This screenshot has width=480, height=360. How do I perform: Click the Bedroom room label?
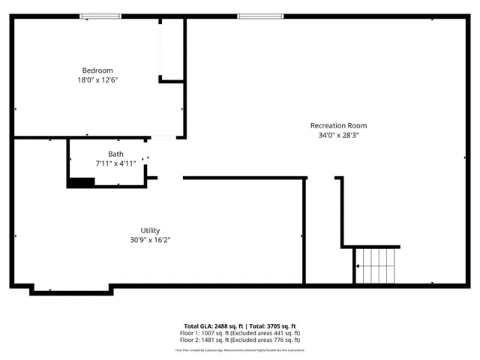pos(97,70)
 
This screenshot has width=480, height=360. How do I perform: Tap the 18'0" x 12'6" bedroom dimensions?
pos(97,79)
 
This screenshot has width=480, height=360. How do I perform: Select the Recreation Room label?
pos(338,125)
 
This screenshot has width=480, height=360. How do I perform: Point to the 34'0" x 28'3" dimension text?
pos(338,136)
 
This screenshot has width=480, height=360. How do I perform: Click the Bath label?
pos(115,154)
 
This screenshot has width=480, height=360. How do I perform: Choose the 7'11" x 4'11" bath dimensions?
pos(115,163)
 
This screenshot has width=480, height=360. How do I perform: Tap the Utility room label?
pos(150,230)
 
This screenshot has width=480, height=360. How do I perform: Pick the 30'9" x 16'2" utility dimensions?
pos(150,240)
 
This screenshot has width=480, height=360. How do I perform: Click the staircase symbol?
pos(374,266)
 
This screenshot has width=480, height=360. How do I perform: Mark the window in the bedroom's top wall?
pos(101,16)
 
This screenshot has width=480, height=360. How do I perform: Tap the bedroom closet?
pos(172,49)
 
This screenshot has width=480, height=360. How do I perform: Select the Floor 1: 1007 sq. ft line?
pos(240,332)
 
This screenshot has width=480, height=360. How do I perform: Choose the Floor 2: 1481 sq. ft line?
pos(240,339)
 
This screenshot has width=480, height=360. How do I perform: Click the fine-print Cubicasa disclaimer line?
pos(240,349)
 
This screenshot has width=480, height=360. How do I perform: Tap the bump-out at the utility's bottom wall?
pos(71,289)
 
